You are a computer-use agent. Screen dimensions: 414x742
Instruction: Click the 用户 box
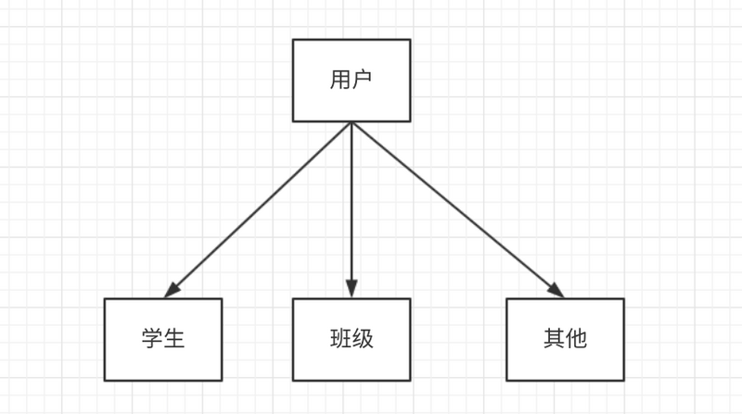point(351,80)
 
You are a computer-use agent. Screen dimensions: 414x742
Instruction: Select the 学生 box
point(162,339)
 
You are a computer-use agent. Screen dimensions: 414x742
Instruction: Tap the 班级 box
point(351,339)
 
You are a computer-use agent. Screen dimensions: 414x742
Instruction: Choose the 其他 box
point(565,339)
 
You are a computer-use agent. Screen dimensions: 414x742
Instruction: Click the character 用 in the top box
point(339,80)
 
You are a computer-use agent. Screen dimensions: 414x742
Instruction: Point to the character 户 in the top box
point(362,80)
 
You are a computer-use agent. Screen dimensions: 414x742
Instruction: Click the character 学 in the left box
point(151,339)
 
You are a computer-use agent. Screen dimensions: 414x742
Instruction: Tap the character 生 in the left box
point(174,339)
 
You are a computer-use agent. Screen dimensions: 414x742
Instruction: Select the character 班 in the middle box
point(339,339)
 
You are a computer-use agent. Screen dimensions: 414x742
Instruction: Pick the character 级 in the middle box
point(363,339)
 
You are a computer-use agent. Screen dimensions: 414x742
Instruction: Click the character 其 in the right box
point(554,339)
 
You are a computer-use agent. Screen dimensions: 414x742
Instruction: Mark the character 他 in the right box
point(576,339)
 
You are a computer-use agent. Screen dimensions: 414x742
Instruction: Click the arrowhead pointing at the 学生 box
point(172,291)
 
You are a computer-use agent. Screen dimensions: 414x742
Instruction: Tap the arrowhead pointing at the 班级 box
point(351,289)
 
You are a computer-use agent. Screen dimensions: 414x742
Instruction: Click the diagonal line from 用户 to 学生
point(260,209)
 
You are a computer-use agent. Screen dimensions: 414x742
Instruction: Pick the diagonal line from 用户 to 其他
point(454,208)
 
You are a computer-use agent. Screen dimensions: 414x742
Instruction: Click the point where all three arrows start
point(351,123)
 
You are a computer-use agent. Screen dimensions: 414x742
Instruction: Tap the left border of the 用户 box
point(293,80)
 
